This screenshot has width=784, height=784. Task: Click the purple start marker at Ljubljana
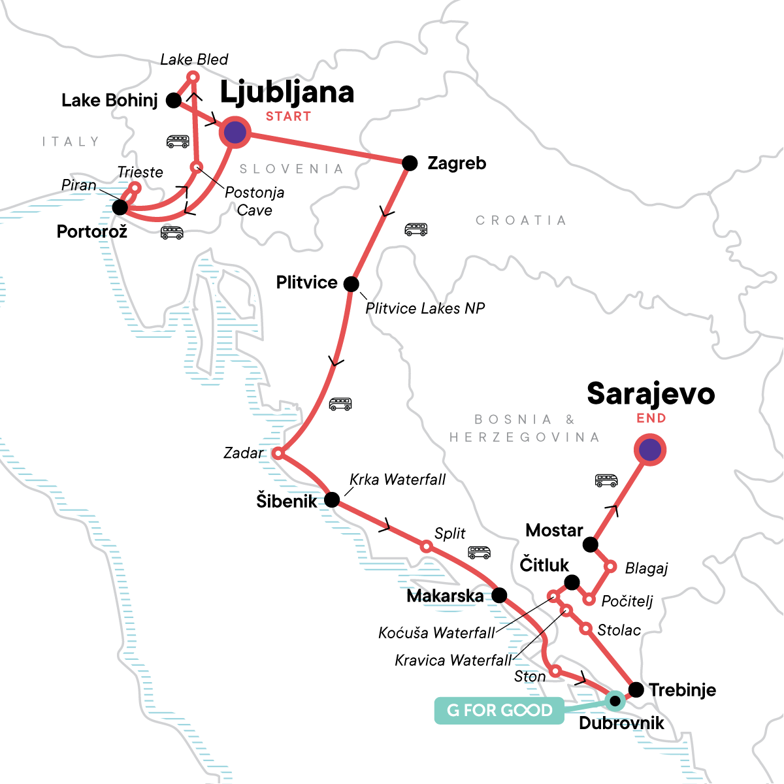[x=235, y=133]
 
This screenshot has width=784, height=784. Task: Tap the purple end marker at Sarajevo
[x=649, y=449]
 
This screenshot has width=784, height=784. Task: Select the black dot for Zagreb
[x=409, y=163]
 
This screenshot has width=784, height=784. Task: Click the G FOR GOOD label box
[x=499, y=710]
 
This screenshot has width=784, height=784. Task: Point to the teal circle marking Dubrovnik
[x=614, y=701]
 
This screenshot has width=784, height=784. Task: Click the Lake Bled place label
[x=194, y=59]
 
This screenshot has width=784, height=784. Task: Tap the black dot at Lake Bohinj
[x=174, y=100]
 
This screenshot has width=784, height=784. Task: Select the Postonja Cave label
[x=254, y=201]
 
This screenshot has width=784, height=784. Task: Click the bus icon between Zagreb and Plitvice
[x=416, y=229]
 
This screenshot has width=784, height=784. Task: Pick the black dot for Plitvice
[x=351, y=284]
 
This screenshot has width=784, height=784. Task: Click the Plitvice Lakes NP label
[x=425, y=308]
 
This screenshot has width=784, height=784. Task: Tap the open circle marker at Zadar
[x=277, y=453]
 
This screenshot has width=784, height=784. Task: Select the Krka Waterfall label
[x=397, y=480]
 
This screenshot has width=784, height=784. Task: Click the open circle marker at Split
[x=426, y=546]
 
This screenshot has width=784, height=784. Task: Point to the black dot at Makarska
[x=499, y=595]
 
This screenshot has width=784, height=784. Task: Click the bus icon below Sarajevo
[x=606, y=481]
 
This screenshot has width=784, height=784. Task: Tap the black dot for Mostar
[x=591, y=544]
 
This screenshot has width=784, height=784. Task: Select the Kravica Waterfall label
[x=453, y=661]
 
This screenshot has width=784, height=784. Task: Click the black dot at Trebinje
[x=636, y=689]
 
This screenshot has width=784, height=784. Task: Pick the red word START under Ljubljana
[x=288, y=116]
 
